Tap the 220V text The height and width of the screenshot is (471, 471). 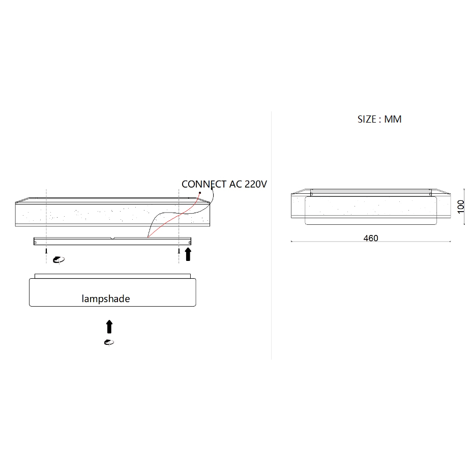(256, 184)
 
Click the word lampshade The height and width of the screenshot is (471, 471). (106, 299)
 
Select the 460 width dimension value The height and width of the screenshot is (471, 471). (371, 238)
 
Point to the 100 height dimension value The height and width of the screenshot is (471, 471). (460, 207)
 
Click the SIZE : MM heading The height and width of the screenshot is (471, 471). (379, 119)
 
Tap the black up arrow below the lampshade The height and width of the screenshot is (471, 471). (109, 327)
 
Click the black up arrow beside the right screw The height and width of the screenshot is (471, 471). (188, 254)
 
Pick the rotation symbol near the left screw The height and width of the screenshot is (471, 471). (58, 260)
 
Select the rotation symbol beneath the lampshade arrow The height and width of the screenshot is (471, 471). (109, 342)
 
